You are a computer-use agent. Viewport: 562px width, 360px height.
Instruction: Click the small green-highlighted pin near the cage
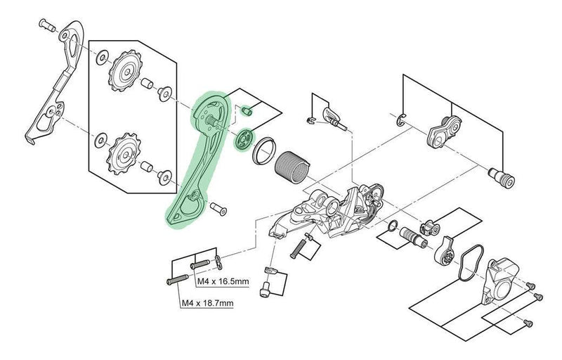[x=247, y=110]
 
